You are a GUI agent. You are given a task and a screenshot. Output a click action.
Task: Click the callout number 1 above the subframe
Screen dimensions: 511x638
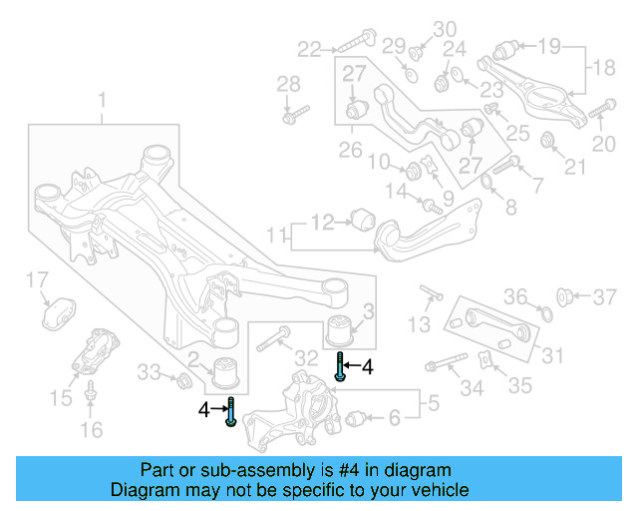[x=101, y=100]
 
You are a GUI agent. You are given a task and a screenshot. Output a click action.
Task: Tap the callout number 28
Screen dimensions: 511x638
[x=288, y=83]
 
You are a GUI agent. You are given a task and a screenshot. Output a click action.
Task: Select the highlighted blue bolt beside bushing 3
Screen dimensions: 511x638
[x=342, y=367]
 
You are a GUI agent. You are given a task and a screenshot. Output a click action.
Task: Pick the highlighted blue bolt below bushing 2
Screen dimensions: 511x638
[x=230, y=410]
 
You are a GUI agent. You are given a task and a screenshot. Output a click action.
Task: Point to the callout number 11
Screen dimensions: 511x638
[x=276, y=236]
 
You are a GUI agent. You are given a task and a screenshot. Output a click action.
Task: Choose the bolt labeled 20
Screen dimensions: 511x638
[x=601, y=110]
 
